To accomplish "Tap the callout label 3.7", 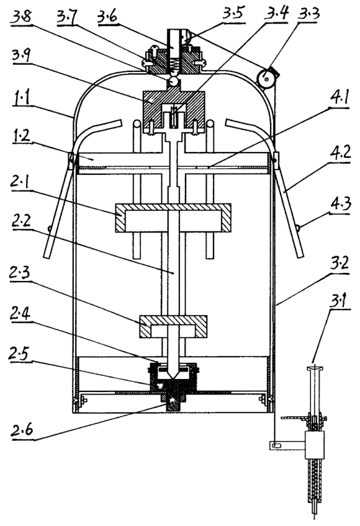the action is [67, 16].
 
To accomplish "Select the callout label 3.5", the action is [233, 14].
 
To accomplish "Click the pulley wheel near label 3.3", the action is [267, 79].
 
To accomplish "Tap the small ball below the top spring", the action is [174, 81].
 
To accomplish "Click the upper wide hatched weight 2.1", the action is [173, 218].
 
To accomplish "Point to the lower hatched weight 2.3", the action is [173, 326].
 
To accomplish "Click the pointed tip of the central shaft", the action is [173, 379].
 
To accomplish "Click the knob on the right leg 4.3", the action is [297, 228].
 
